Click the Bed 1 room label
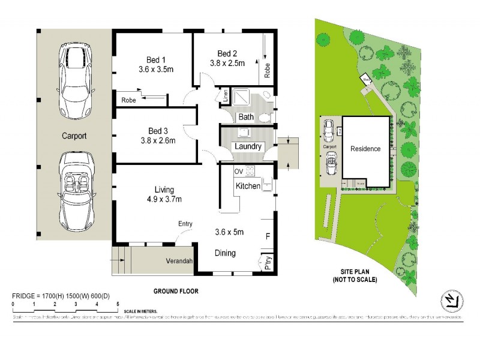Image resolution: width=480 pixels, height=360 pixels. [156, 59]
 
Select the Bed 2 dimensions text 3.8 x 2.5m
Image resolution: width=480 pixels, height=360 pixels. [227, 62]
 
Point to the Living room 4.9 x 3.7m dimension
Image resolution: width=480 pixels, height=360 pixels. [160, 199]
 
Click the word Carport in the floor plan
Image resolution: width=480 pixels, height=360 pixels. [74, 136]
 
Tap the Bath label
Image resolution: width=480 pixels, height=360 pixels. [246, 117]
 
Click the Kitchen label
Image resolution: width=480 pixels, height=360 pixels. [248, 187]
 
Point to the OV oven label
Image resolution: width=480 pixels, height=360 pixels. [238, 170]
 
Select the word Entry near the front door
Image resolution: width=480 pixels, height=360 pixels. [185, 224]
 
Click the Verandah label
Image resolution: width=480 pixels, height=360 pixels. [179, 262]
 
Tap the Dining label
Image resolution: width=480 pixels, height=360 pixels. [225, 253]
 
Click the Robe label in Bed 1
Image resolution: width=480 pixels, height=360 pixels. [128, 100]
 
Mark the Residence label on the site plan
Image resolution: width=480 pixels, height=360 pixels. [366, 149]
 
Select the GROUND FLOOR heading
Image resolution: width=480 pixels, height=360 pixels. [176, 291]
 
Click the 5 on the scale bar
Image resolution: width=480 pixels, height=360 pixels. [118, 305]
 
